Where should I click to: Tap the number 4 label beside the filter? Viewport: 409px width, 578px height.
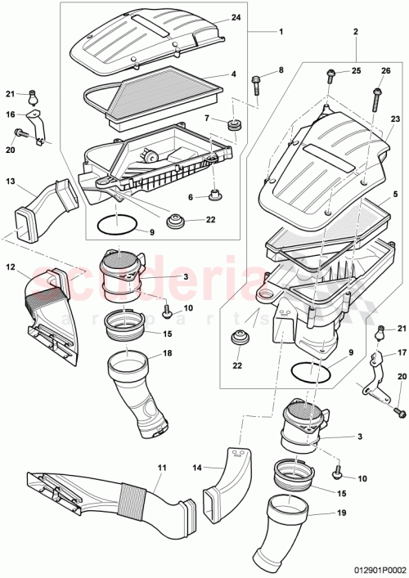pos(233,74)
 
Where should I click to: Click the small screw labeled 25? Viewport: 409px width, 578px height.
pos(331,74)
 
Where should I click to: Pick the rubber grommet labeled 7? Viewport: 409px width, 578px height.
pos(235,125)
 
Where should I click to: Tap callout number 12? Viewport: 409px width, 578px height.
pos(11,267)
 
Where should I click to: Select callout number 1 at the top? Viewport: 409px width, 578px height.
pos(281,32)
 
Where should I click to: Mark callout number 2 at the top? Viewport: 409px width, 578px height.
pos(356,32)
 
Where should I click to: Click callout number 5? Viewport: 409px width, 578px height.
pos(395,195)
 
